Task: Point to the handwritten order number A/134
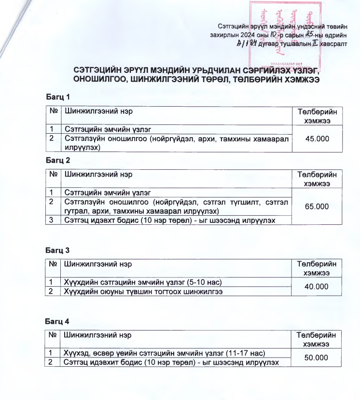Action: point(246,43)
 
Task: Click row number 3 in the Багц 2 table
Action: point(52,221)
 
